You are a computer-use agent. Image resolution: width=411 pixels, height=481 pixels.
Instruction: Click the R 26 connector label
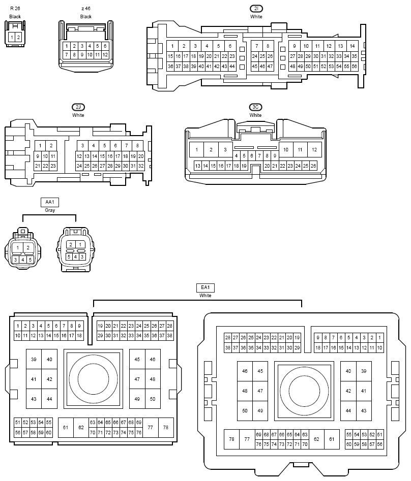15,9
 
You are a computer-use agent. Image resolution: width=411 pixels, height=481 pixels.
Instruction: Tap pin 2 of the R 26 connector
18,38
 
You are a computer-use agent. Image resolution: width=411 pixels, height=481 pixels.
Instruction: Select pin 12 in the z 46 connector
105,55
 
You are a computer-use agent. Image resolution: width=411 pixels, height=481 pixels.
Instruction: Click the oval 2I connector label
256,9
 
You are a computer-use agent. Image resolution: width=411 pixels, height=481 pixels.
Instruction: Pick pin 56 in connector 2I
354,66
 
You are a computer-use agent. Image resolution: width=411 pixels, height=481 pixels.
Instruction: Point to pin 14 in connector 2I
353,46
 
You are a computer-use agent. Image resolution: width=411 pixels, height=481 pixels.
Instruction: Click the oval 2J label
78,107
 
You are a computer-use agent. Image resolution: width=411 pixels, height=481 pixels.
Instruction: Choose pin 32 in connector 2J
141,166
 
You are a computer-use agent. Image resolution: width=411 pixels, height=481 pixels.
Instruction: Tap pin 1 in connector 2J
40,146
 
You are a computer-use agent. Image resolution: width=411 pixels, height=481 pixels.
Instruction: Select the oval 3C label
255,107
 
